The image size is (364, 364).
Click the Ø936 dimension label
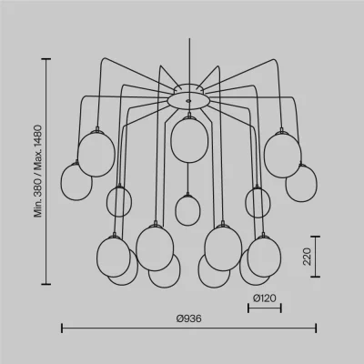coord(188,318)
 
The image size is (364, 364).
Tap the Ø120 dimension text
coord(265,298)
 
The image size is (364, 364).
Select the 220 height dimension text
coord(307,257)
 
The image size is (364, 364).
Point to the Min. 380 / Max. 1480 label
coord(38,171)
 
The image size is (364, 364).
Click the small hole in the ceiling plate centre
coord(188,101)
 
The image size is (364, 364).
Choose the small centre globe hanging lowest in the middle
coord(187,210)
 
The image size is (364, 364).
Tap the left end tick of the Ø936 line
coord(62,329)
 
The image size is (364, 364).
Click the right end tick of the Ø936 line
coord(316,329)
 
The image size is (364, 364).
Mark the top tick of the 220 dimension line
coord(316,237)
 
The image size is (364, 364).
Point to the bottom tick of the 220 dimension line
coord(316,277)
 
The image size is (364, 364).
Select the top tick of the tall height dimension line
coord(46,59)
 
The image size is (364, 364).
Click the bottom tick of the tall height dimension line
coord(46,284)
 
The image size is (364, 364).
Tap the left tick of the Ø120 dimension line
coord(248,308)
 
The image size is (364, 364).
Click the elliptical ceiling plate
coord(188,100)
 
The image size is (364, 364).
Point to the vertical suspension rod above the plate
coord(189,61)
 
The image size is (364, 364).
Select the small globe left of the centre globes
coord(119,202)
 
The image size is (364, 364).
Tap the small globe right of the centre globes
coord(258,203)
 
